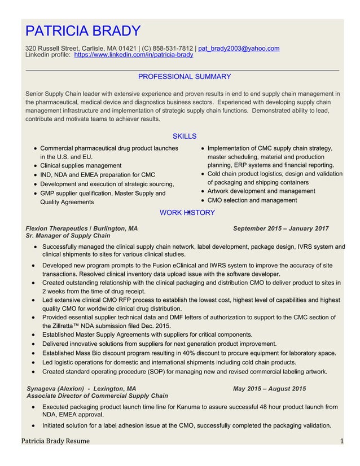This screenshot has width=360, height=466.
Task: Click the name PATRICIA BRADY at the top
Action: click(x=84, y=30)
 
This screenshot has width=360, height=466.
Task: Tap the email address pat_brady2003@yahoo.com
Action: click(x=239, y=49)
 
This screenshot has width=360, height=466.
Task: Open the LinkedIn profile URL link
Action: click(x=134, y=55)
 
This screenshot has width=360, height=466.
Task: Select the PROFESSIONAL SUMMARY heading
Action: click(x=185, y=77)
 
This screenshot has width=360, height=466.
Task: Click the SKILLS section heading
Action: click(x=184, y=136)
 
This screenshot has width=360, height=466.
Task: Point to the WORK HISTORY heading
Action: click(x=187, y=213)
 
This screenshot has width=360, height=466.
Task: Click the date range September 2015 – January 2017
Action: click(x=280, y=228)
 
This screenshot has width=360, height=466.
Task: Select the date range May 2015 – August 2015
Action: click(x=269, y=389)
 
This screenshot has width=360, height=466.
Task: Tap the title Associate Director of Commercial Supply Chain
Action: click(x=97, y=396)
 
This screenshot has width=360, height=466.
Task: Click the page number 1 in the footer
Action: click(x=342, y=441)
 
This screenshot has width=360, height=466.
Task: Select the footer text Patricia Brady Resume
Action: click(x=55, y=441)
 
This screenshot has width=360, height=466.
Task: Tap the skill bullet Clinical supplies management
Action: click(x=81, y=166)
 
